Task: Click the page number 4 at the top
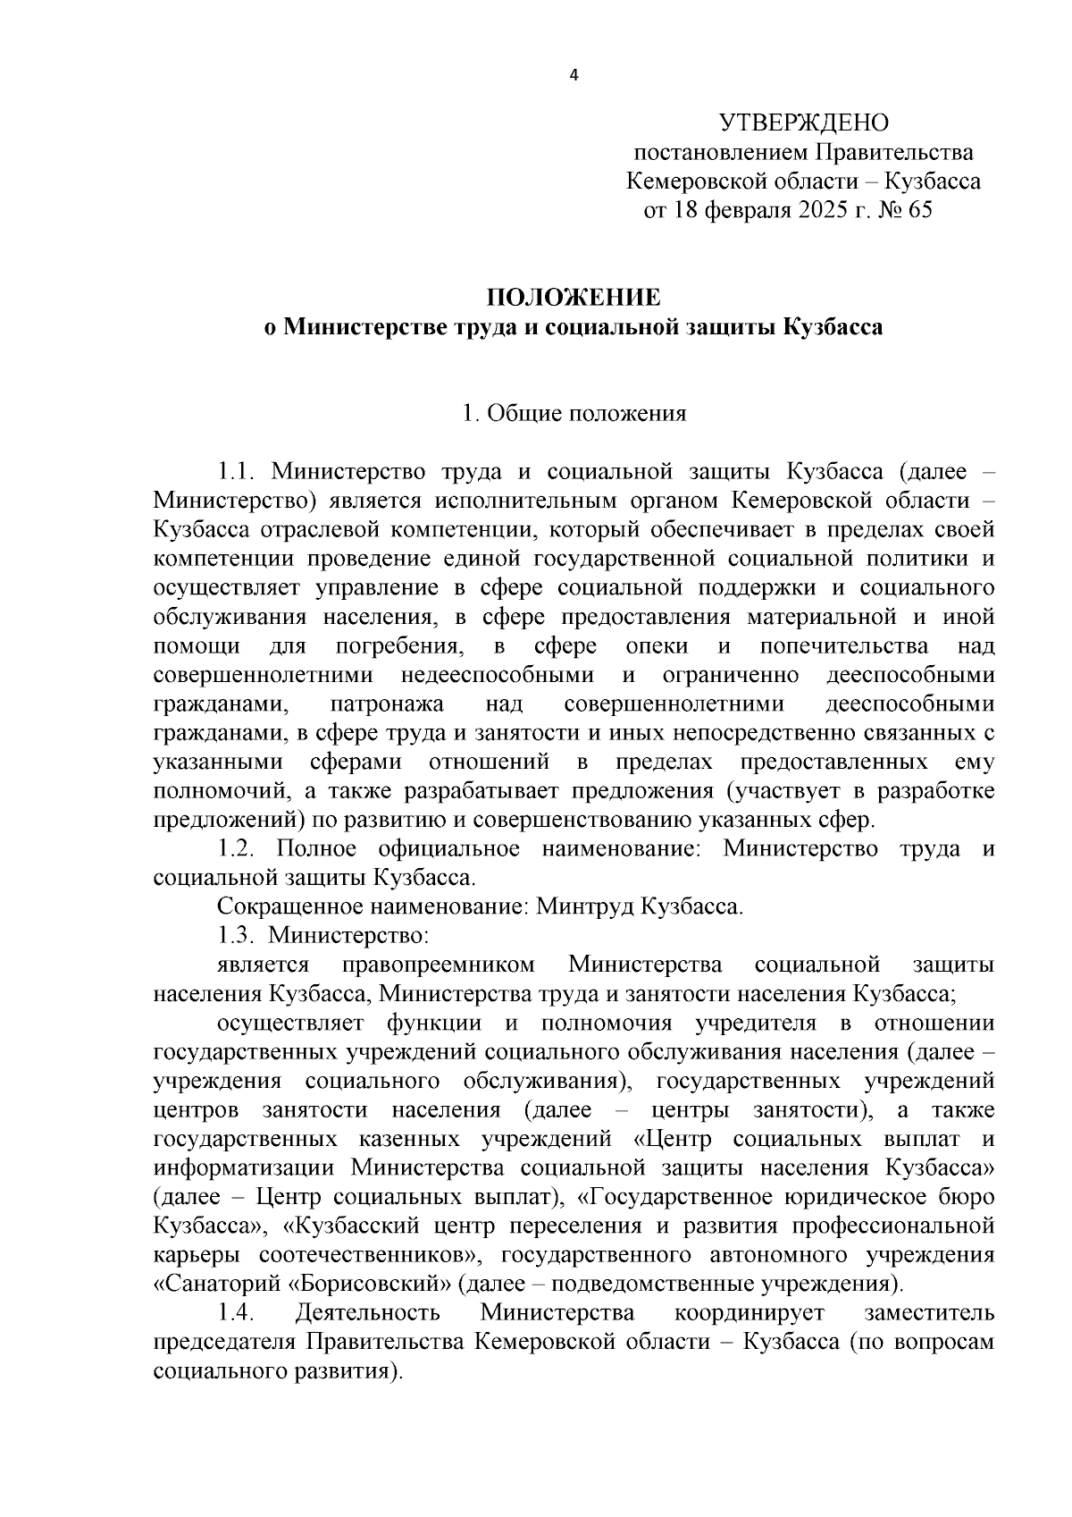574,76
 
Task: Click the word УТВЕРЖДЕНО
804,122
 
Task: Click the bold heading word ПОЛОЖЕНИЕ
573,297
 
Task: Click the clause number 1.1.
237,471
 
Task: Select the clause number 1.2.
238,848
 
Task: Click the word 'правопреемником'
439,965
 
